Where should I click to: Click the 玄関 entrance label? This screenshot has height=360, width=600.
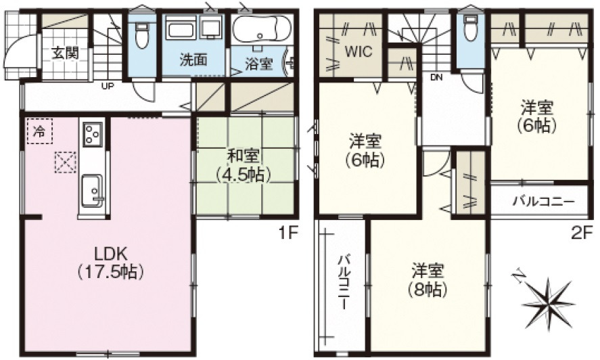65,53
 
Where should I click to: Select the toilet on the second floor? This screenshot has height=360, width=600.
469,28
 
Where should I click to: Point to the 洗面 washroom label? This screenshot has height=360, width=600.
193,60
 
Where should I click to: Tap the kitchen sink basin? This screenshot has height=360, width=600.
92,190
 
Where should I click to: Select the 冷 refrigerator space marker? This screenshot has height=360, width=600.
39,131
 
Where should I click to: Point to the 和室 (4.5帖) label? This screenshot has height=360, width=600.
244,165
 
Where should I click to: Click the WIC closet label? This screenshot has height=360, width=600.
358,51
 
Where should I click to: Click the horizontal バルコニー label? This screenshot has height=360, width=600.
544,202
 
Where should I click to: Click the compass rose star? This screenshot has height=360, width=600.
549,301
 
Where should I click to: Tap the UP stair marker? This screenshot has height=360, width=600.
108,86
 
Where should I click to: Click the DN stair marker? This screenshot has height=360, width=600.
436,78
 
